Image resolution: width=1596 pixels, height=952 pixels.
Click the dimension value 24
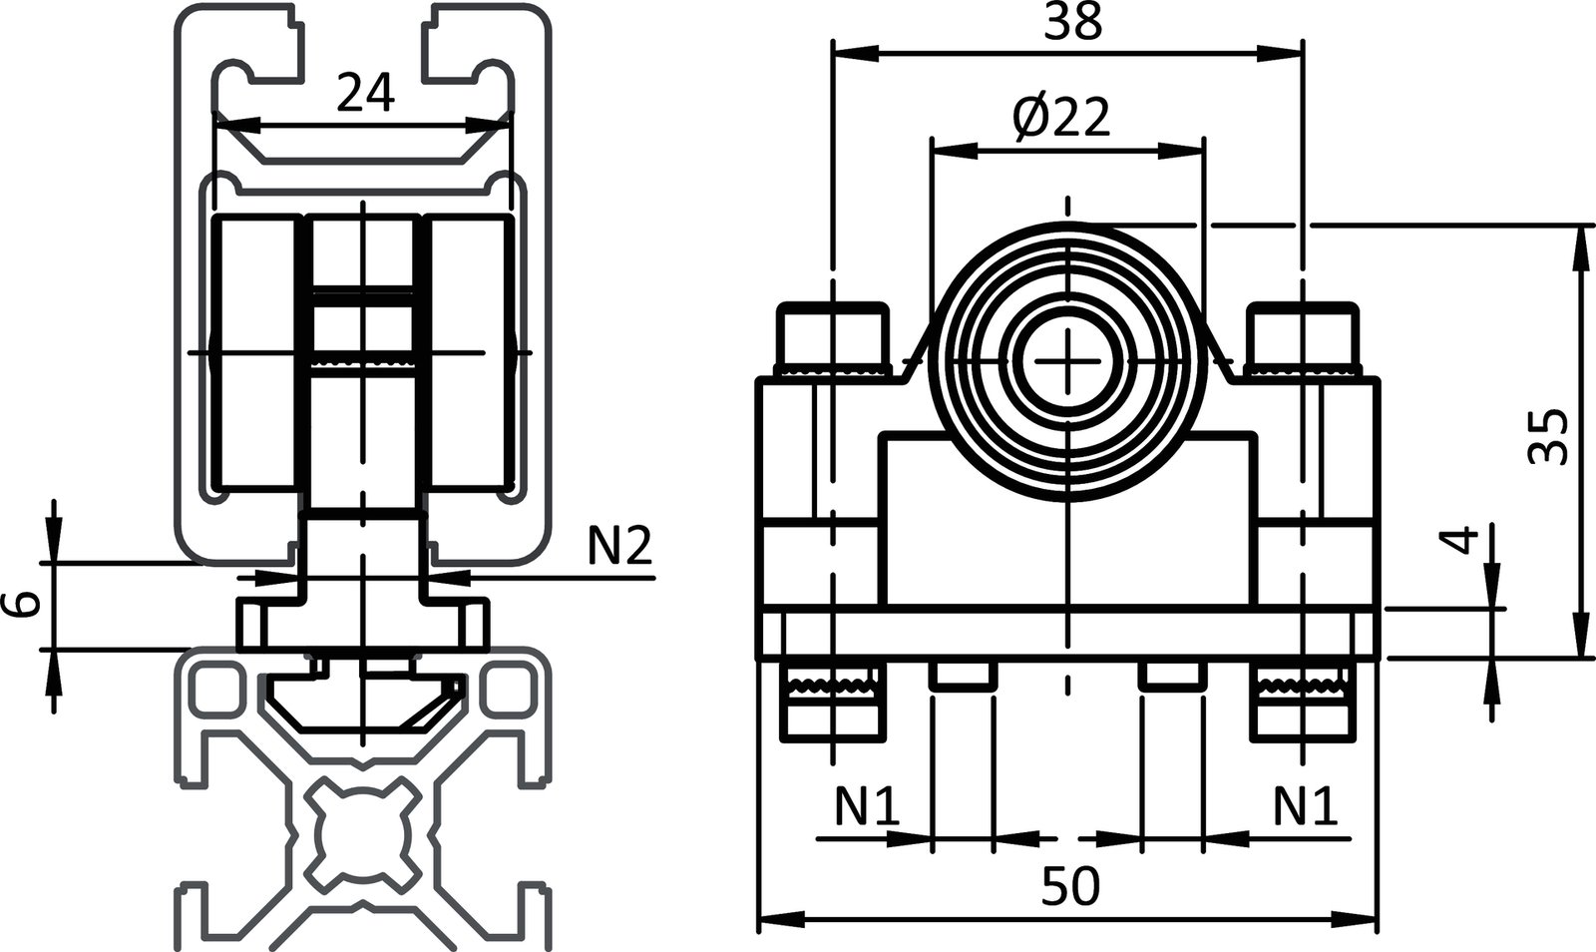365,93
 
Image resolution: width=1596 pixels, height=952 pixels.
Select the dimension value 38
1072,21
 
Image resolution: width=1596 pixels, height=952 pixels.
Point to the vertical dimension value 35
1547,436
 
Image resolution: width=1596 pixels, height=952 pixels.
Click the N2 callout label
617,547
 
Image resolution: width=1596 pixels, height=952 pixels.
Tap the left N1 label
866,807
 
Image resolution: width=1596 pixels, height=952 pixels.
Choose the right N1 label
1305,807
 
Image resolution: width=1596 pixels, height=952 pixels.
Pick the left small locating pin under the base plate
963,676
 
